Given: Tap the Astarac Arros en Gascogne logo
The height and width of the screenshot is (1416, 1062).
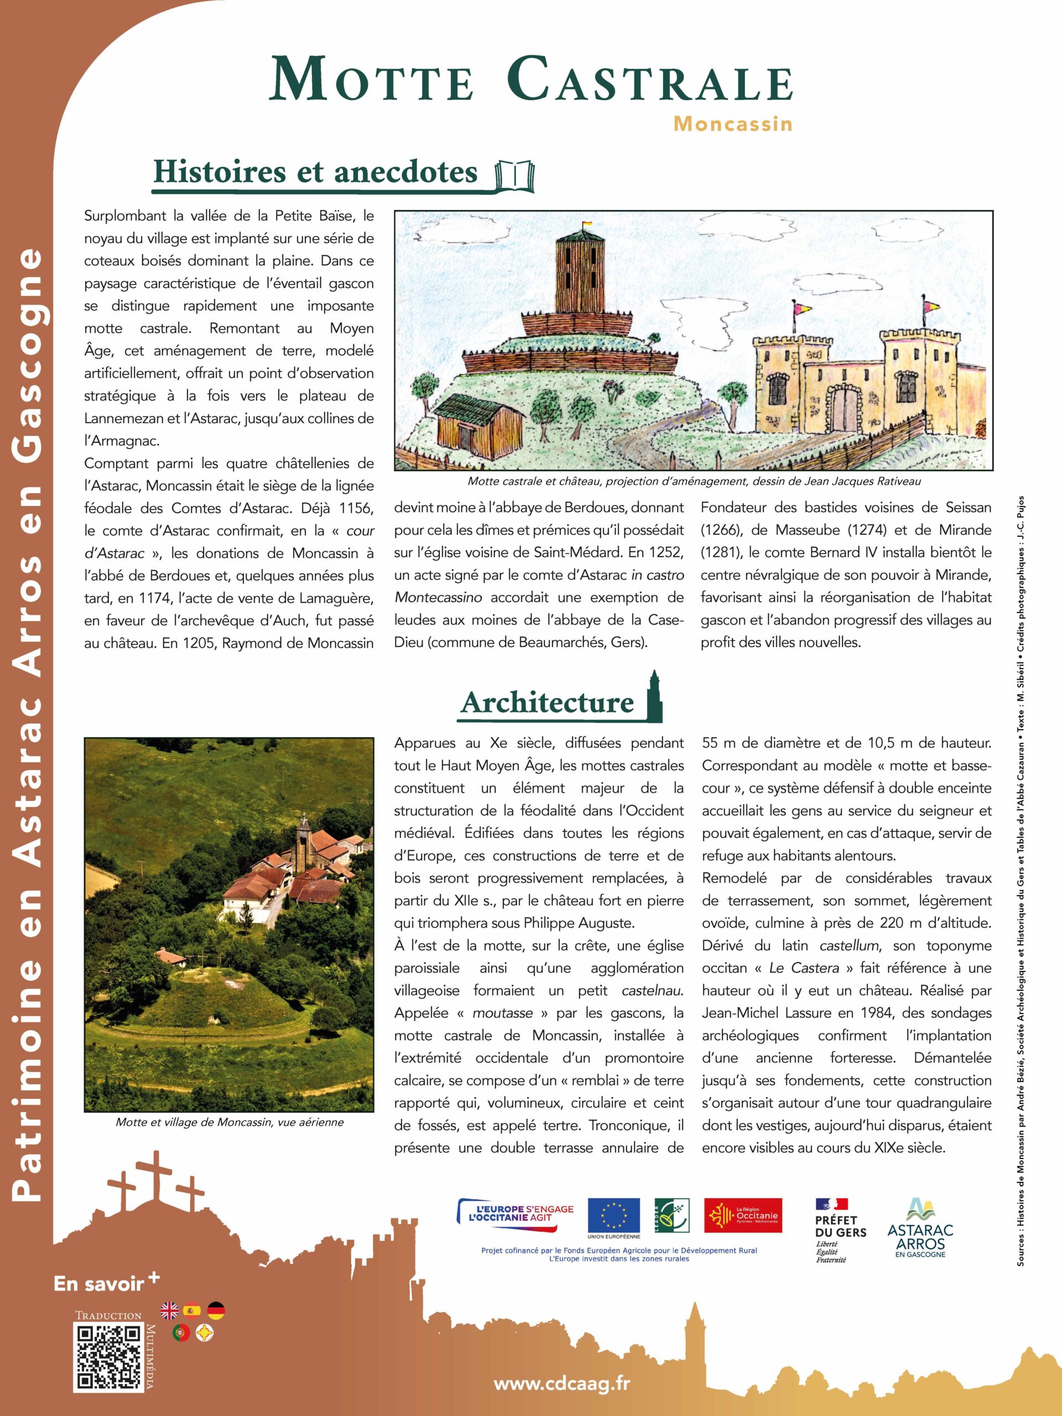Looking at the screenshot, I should click(920, 1227).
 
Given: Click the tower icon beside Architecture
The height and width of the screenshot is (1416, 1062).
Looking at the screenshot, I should click(654, 696).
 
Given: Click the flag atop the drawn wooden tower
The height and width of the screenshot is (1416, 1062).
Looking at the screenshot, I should click(586, 225).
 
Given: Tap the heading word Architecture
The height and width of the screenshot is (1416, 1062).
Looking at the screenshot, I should click(546, 703).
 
